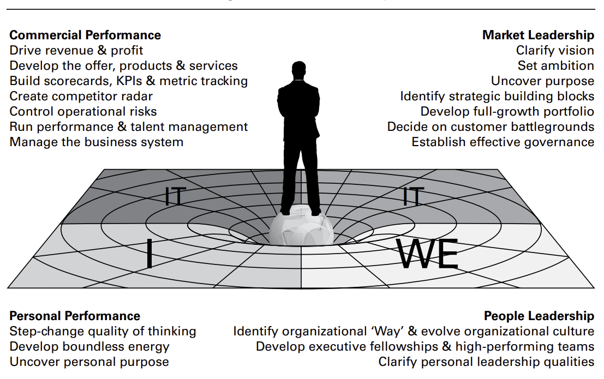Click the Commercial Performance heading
click(x=85, y=35)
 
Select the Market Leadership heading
click(x=538, y=35)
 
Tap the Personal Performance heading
click(x=75, y=316)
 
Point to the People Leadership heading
click(x=539, y=316)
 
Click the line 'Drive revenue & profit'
click(x=76, y=51)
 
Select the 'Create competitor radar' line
click(x=81, y=97)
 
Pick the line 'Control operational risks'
click(x=83, y=112)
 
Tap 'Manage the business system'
click(x=97, y=142)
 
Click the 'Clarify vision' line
click(x=555, y=51)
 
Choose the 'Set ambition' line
click(x=556, y=66)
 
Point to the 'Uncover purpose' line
click(x=542, y=81)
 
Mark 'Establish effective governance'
click(x=503, y=142)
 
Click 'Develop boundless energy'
click(x=89, y=347)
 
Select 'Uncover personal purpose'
click(x=89, y=362)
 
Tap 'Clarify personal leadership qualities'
click(x=486, y=362)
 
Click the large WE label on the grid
click(x=428, y=254)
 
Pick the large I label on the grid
click(x=149, y=255)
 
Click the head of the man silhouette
click(x=298, y=70)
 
